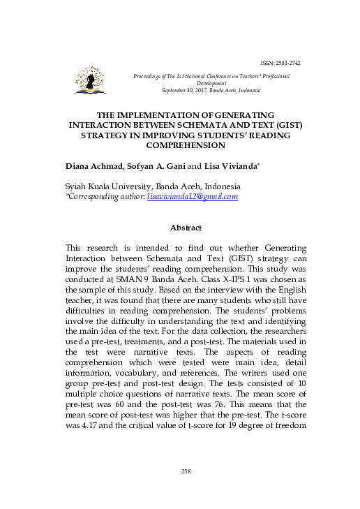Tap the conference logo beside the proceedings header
pos(91,82)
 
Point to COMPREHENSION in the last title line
pos(186,146)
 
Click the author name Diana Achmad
pos(93,168)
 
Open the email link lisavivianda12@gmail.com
pos(193,197)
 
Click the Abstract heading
pos(186,228)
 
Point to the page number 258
pos(186,473)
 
